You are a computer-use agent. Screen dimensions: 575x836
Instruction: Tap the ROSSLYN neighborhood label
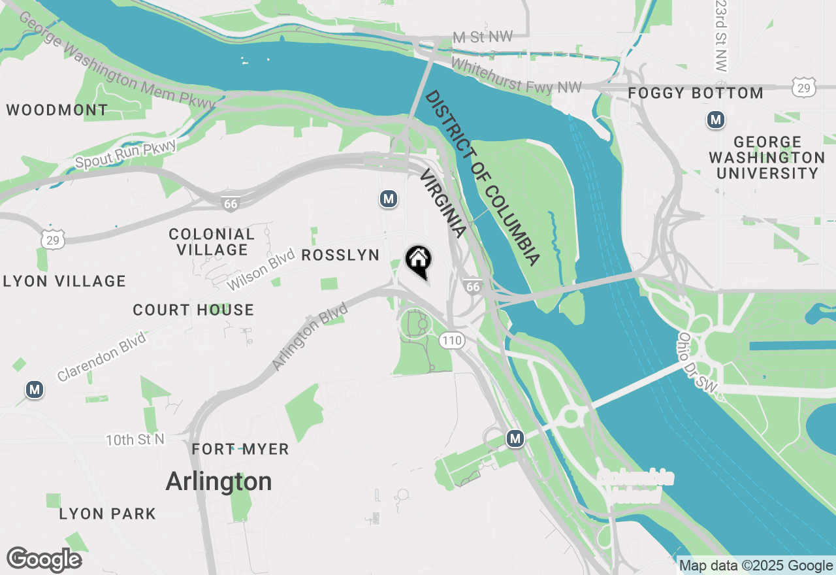coord(341,255)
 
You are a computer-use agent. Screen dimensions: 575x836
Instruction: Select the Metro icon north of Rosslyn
coord(389,199)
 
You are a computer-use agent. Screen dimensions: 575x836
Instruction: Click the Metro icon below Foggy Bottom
coord(716,120)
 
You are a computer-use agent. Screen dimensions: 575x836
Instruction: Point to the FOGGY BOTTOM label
coord(696,93)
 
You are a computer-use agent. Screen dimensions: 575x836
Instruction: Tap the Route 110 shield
coord(451,340)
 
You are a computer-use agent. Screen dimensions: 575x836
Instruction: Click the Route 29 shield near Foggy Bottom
coord(805,88)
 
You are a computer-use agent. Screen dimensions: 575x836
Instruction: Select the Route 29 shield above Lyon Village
coord(52,240)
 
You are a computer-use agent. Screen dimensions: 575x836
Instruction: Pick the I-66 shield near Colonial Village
coord(230,204)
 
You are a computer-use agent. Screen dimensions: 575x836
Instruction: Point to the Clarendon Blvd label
coord(102,356)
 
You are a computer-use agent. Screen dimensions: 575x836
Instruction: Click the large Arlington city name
coord(219,482)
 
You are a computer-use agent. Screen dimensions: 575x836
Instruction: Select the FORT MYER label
coord(240,450)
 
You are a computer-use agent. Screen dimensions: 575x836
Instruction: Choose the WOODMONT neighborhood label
coord(57,110)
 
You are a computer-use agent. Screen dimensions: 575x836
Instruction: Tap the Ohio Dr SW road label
coord(697,363)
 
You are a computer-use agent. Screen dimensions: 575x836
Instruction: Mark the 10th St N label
coord(135,440)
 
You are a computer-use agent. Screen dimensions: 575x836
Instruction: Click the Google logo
coord(44,560)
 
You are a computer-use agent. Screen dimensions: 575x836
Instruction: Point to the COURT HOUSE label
coord(193,310)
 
